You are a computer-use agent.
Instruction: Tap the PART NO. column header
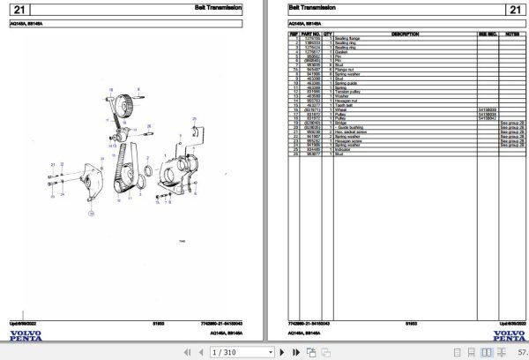click(x=312, y=34)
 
